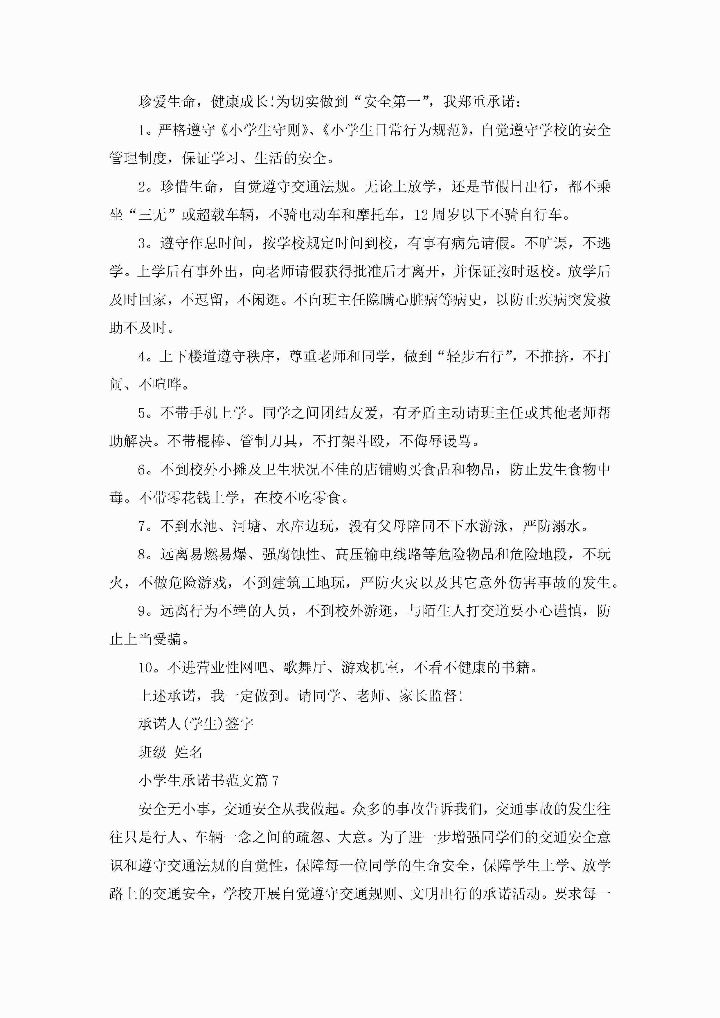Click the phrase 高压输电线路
tap(378, 554)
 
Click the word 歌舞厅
tap(304, 667)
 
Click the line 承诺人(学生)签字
tap(196, 724)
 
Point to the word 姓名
tap(188, 752)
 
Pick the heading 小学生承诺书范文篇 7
tap(208, 780)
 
